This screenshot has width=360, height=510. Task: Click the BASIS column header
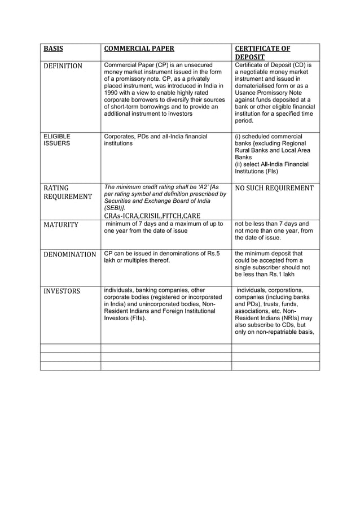54,49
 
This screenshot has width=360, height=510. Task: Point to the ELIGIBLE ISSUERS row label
57,140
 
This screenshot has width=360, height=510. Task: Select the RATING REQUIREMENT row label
68,192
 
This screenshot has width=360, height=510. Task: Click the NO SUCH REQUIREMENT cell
274,188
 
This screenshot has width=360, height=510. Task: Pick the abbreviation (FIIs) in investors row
135,318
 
